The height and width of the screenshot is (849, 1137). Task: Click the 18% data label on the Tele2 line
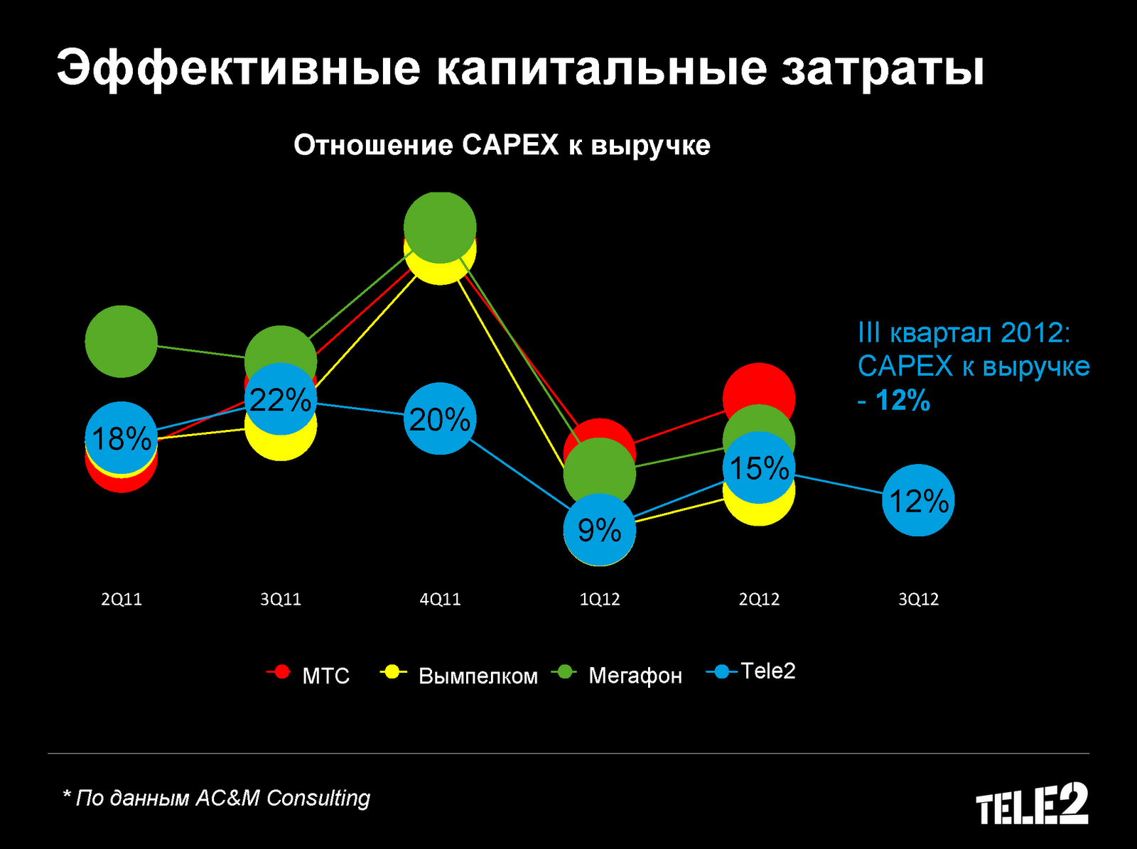point(122,438)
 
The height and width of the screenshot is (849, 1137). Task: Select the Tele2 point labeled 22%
point(281,400)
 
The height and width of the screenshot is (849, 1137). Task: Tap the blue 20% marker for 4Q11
point(440,419)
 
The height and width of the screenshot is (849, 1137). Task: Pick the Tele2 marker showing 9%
point(599,530)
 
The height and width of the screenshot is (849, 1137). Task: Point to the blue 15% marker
point(759,468)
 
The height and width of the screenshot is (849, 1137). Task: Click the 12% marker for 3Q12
point(918,501)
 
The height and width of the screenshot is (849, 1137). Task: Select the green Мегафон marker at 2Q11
point(121,341)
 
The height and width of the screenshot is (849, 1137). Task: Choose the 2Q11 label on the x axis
point(122,599)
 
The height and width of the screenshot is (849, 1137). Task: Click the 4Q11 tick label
point(440,599)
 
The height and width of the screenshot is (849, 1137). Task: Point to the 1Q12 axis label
point(600,599)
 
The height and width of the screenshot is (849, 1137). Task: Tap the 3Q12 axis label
point(918,599)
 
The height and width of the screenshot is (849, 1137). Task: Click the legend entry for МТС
point(309,674)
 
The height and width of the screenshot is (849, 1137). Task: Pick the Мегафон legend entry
point(618,674)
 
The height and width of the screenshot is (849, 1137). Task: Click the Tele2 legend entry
point(752,671)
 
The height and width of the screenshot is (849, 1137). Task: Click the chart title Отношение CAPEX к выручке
point(502,145)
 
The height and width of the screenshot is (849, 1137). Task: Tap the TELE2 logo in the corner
point(1032,804)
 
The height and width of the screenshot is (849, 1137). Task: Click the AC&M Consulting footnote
point(217,798)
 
